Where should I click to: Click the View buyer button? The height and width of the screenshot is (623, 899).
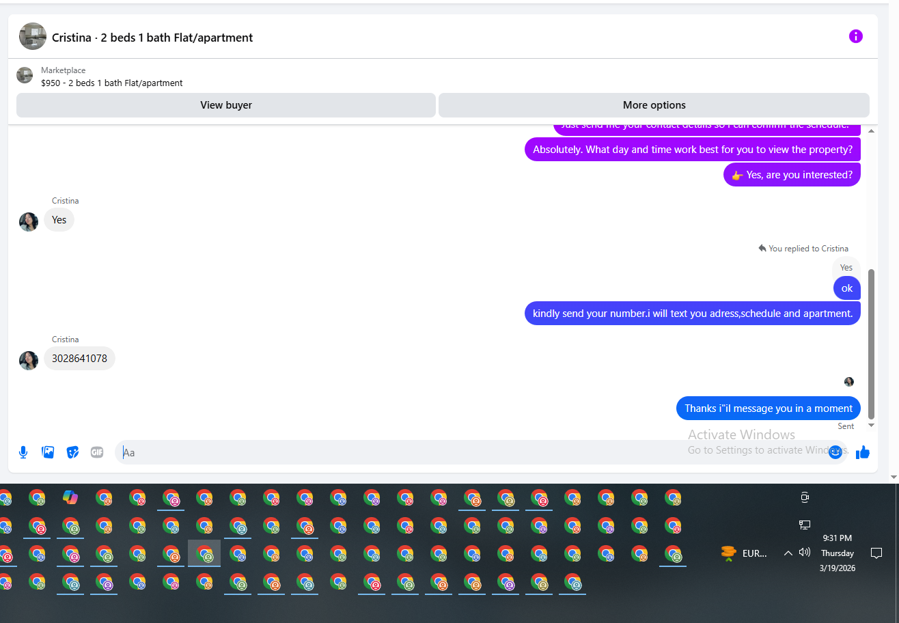[225, 105]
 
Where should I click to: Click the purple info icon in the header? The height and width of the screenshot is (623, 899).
[855, 36]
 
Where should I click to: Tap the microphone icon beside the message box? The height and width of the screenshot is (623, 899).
[23, 452]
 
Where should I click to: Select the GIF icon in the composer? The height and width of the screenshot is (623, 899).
[97, 452]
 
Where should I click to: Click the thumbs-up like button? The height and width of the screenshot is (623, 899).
[863, 452]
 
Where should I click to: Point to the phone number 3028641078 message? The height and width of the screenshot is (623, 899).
[79, 359]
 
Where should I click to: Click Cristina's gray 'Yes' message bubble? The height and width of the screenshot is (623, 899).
[59, 220]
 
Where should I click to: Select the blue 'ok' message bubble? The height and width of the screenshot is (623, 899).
[846, 288]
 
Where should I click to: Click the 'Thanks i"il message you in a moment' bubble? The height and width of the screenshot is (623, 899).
[768, 409]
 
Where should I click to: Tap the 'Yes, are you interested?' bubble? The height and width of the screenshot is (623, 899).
[792, 175]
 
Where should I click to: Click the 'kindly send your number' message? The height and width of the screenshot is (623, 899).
[692, 314]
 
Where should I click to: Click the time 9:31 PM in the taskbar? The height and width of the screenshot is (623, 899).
[837, 538]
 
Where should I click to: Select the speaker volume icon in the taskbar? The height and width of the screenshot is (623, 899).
[805, 553]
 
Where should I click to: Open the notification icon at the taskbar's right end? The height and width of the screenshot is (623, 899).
[876, 553]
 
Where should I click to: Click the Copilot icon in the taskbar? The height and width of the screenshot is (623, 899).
[70, 497]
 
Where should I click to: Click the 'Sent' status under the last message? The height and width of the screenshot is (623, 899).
[846, 426]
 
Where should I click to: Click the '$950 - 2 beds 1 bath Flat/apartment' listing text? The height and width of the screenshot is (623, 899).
[112, 83]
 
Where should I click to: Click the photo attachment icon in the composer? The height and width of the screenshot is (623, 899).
[48, 452]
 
